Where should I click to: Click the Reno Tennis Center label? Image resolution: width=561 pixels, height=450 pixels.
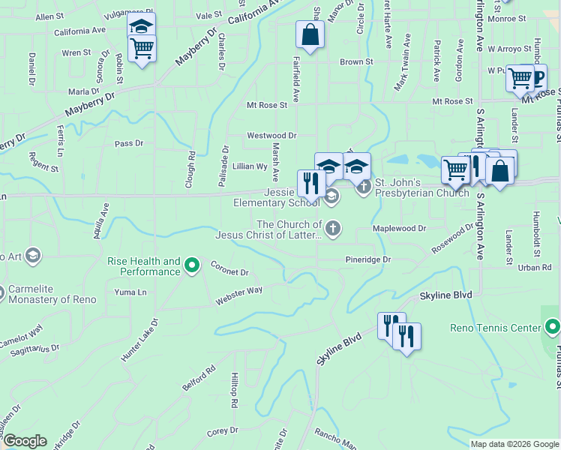[495, 328]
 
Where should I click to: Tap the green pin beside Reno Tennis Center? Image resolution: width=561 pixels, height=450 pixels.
[553, 327]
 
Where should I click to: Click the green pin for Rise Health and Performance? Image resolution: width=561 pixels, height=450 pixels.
[192, 265]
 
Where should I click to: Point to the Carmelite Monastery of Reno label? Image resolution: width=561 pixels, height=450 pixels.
[52, 295]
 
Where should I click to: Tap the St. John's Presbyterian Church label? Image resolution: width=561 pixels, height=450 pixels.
[421, 187]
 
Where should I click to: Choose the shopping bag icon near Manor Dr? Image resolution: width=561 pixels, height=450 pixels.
[310, 34]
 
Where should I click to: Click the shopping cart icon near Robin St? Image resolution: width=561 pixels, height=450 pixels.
[142, 49]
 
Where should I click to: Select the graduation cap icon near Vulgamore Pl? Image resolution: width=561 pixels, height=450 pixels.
[140, 25]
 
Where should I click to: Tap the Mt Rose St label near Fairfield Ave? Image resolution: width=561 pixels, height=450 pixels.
[267, 106]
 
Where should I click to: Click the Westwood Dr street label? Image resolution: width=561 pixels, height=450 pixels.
[272, 136]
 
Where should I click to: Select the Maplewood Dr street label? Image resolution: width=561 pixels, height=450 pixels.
[399, 228]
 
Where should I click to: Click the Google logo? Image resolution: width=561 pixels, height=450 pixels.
[25, 441]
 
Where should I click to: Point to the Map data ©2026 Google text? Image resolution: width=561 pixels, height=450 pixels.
[514, 444]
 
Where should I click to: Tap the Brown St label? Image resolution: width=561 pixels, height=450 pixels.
[356, 62]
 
